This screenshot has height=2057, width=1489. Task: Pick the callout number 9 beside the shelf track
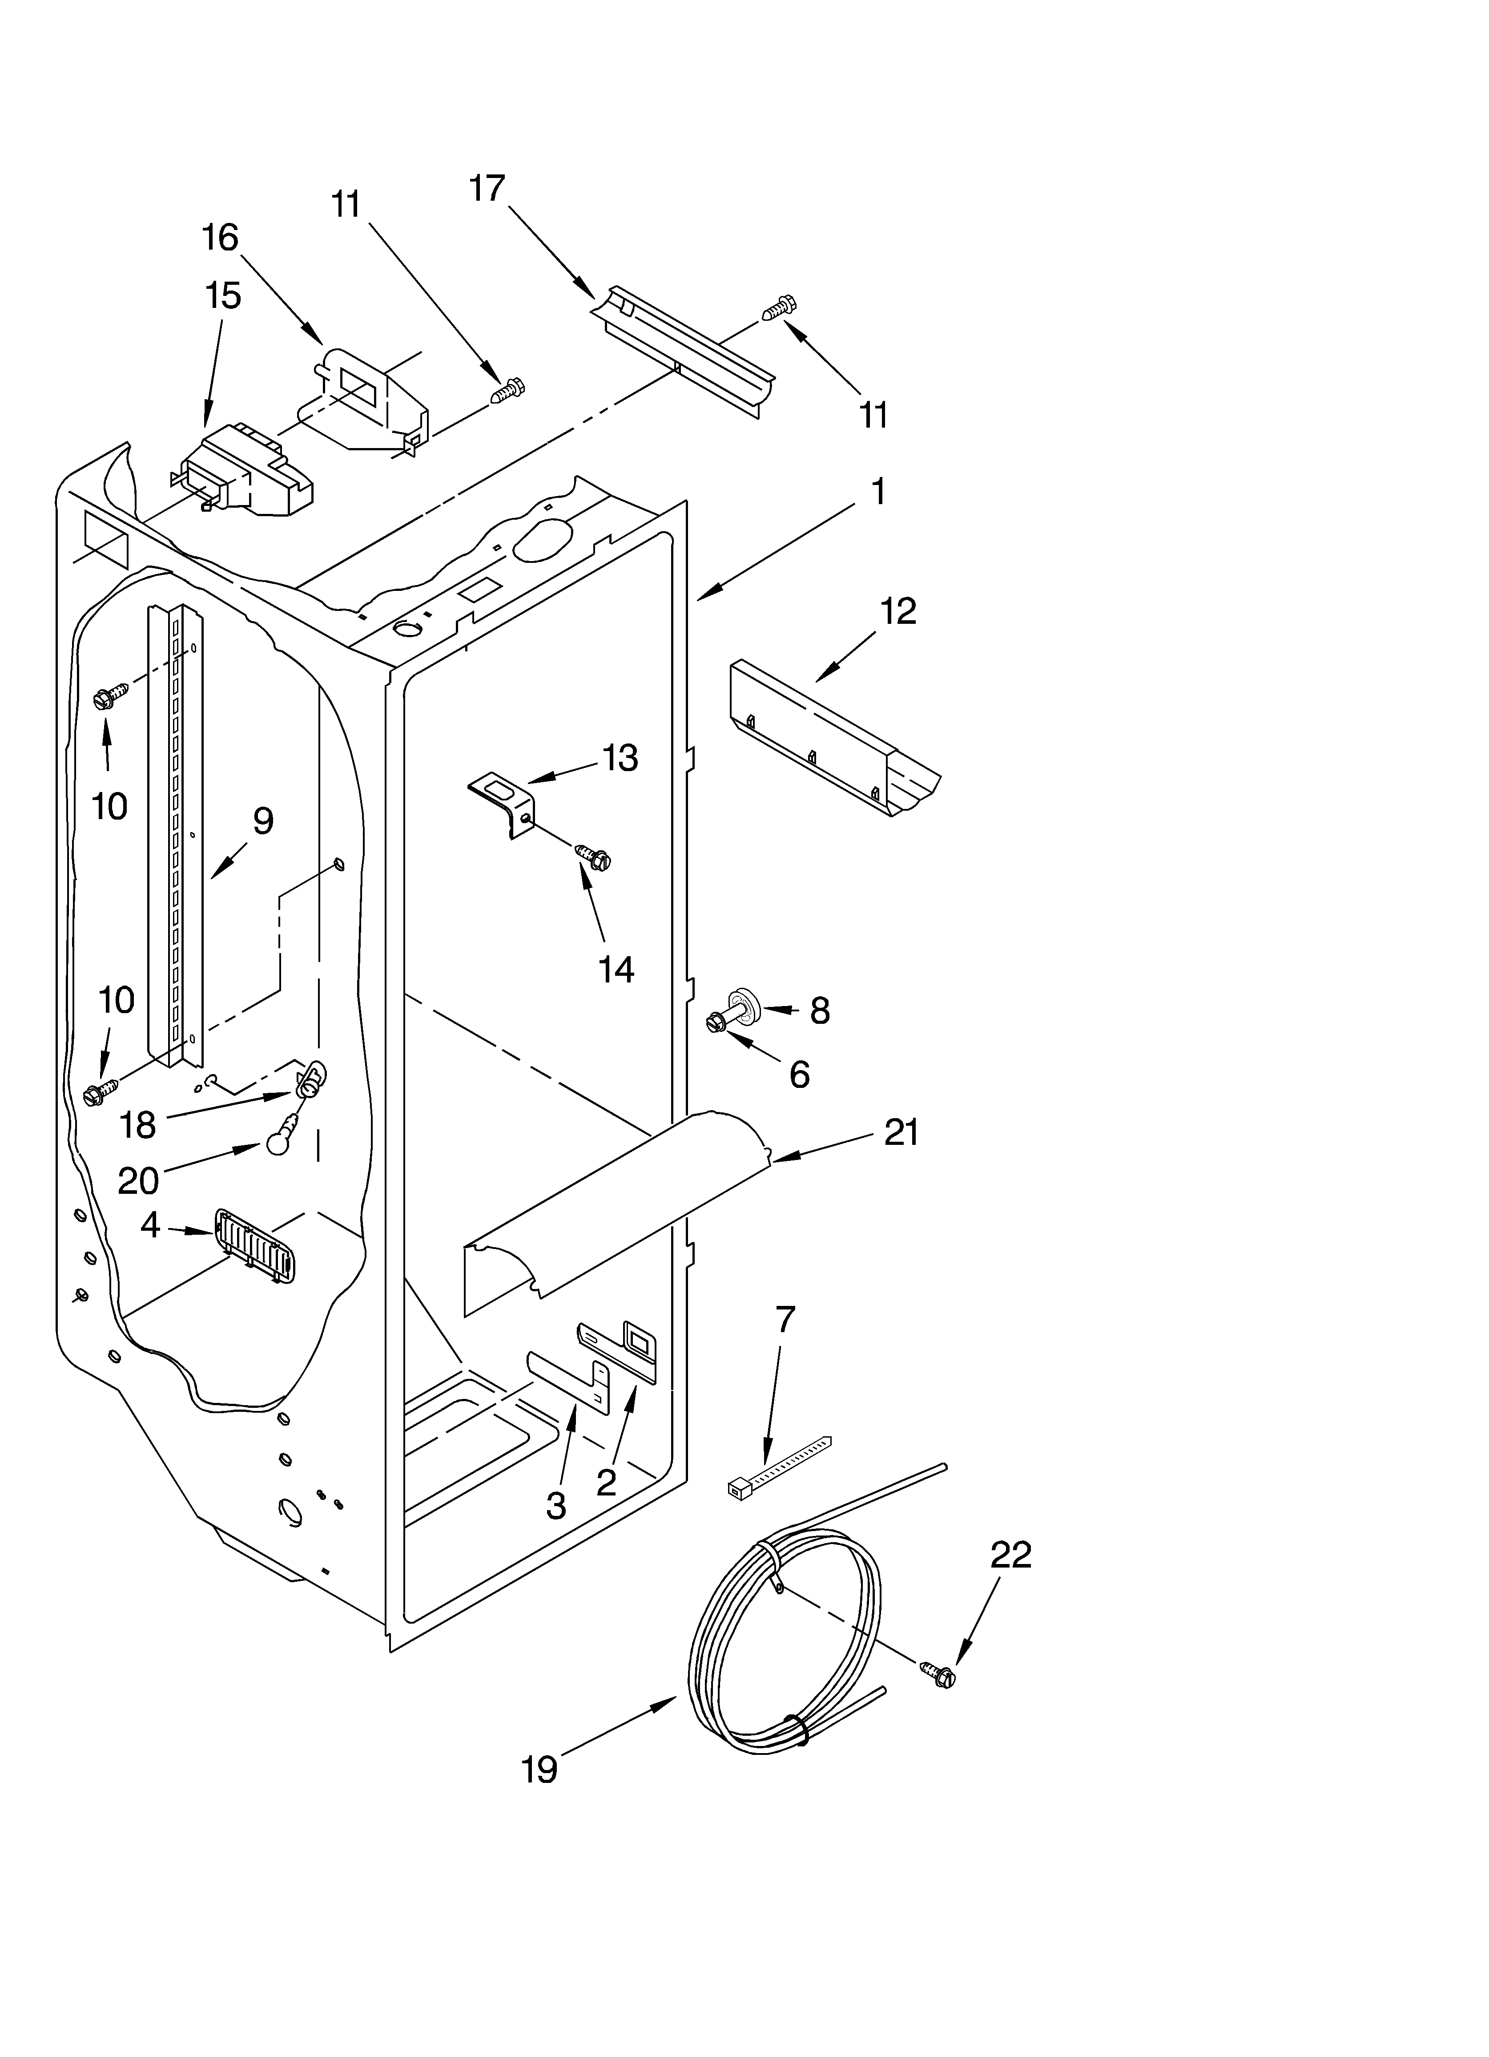coord(262,821)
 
